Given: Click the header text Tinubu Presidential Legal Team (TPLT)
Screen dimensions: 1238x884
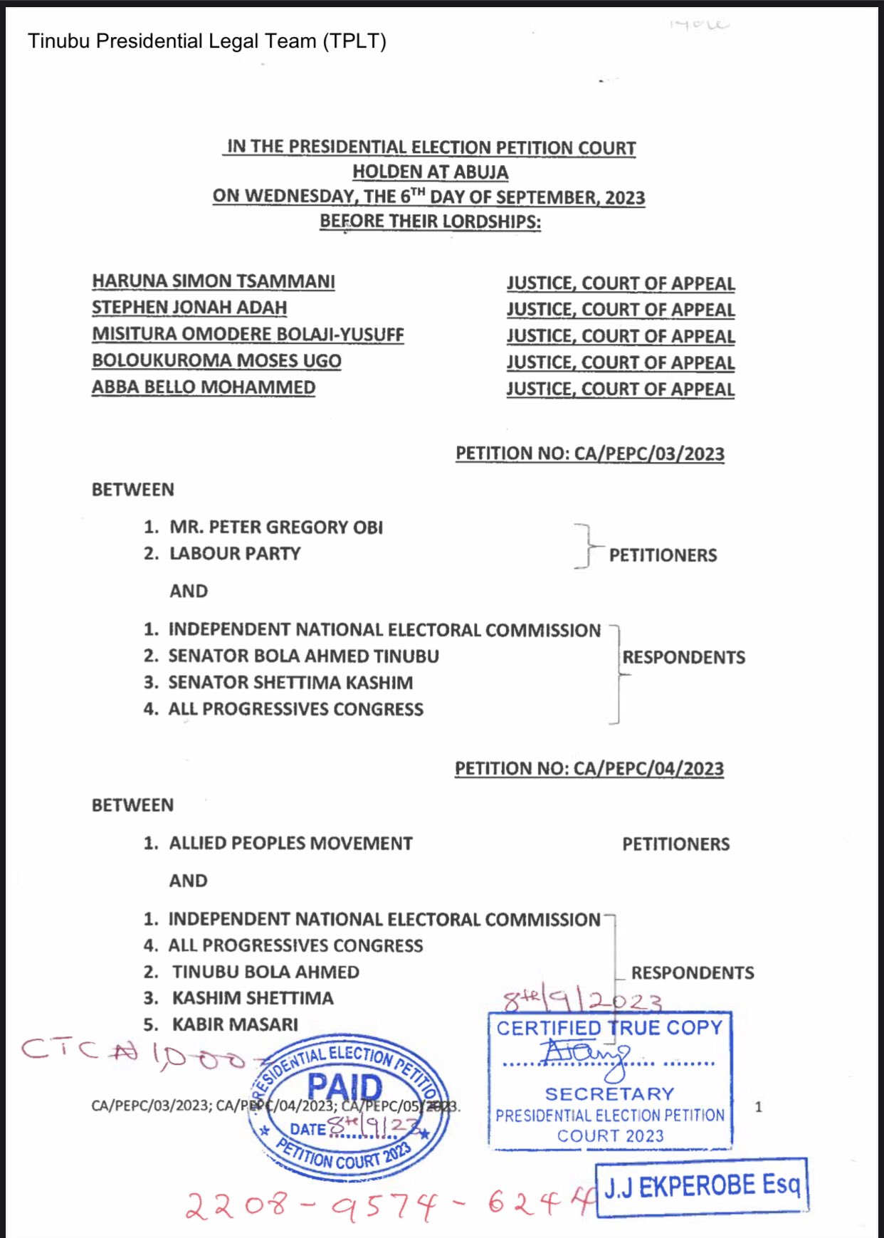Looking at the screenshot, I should pyautogui.click(x=206, y=41).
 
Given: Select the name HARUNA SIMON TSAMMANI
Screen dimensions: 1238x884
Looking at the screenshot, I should pyautogui.click(x=213, y=281).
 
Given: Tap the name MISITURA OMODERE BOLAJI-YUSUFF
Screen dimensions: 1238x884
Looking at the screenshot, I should pyautogui.click(x=248, y=334).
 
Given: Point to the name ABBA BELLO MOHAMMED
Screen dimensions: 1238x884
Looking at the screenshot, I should pyautogui.click(x=204, y=387).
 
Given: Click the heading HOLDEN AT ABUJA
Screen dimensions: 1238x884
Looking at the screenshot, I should pyautogui.click(x=430, y=172).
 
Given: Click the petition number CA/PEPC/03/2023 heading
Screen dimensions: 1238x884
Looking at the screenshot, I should pyautogui.click(x=589, y=453).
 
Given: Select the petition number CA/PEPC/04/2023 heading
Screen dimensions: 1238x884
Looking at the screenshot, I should pyautogui.click(x=589, y=769).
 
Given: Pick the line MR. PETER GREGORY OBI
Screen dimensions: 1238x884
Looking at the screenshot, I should pyautogui.click(x=275, y=528).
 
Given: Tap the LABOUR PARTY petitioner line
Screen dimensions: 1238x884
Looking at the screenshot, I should pyautogui.click(x=234, y=554).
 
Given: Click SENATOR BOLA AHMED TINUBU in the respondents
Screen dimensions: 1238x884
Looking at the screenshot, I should pyautogui.click(x=303, y=656).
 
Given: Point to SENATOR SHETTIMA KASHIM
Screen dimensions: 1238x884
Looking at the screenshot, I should pyautogui.click(x=290, y=683).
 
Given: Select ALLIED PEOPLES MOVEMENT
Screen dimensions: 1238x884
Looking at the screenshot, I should pyautogui.click(x=290, y=844).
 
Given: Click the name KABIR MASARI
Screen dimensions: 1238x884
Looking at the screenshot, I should pyautogui.click(x=235, y=1024).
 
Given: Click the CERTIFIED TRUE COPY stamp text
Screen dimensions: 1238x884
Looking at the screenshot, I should pyautogui.click(x=609, y=1028).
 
